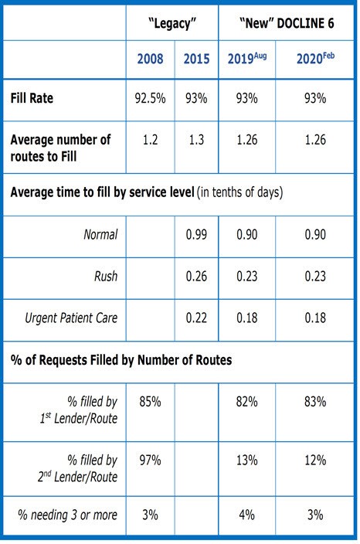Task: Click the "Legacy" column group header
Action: [x=172, y=24]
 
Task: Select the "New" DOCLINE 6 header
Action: [x=287, y=23]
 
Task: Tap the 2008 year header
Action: [x=150, y=59]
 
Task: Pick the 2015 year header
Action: [x=196, y=59]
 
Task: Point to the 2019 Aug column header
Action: [x=247, y=58]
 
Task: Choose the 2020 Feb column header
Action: [x=315, y=58]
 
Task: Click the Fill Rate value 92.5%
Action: [x=150, y=99]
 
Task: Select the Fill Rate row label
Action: [x=32, y=98]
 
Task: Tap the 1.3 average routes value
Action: [x=196, y=140]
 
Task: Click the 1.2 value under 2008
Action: [x=150, y=140]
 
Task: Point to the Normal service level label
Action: [x=100, y=235]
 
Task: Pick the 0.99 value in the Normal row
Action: [x=196, y=235]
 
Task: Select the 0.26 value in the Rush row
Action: [x=196, y=277]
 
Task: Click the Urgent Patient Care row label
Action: [x=71, y=318]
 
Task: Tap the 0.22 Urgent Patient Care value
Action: [x=196, y=318]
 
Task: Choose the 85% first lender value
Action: [x=150, y=402]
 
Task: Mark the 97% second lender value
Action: [x=150, y=461]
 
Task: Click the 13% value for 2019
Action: [x=247, y=461]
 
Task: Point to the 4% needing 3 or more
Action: [x=247, y=515]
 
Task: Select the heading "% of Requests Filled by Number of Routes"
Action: [x=121, y=360]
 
